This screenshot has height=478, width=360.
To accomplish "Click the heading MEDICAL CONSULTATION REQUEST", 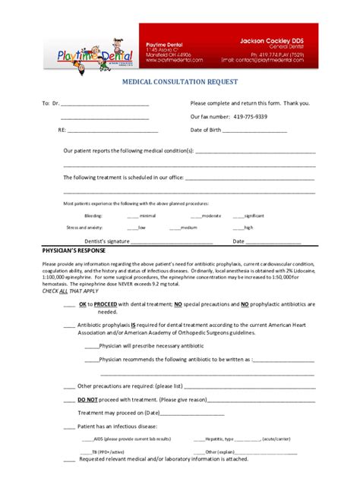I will (179, 81).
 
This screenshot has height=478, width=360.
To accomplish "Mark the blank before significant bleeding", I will (238, 216).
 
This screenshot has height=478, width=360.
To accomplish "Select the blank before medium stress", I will (175, 228).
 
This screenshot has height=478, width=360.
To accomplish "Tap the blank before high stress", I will (238, 228).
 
